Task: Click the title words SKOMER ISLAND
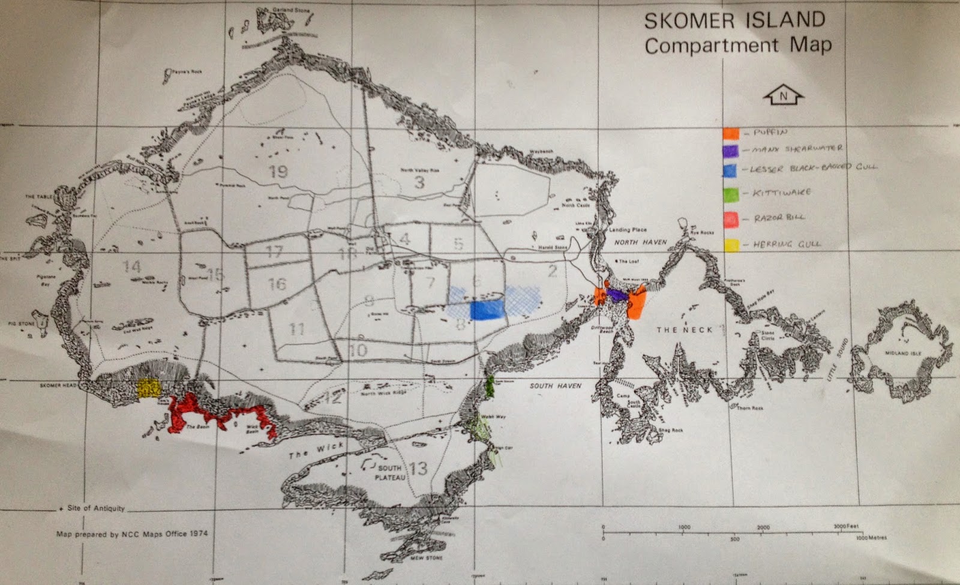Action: pyautogui.click(x=734, y=20)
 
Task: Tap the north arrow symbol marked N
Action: pyautogui.click(x=783, y=95)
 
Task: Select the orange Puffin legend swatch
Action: pyautogui.click(x=730, y=133)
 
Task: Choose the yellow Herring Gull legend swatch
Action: pyautogui.click(x=731, y=245)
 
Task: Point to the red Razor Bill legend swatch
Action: pyautogui.click(x=730, y=218)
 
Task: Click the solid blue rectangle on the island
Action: pyautogui.click(x=487, y=310)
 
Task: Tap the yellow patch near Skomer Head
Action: pyautogui.click(x=148, y=388)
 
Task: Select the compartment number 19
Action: pyautogui.click(x=278, y=172)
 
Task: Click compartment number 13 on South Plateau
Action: pyautogui.click(x=418, y=467)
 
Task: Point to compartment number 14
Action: pyautogui.click(x=131, y=266)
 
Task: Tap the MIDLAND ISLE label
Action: pyautogui.click(x=903, y=353)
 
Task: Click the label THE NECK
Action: pyautogui.click(x=684, y=330)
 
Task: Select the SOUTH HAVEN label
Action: pyautogui.click(x=555, y=386)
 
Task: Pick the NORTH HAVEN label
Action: pyautogui.click(x=640, y=242)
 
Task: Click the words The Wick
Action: pyautogui.click(x=316, y=450)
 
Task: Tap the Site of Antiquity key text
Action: pyautogui.click(x=95, y=508)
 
